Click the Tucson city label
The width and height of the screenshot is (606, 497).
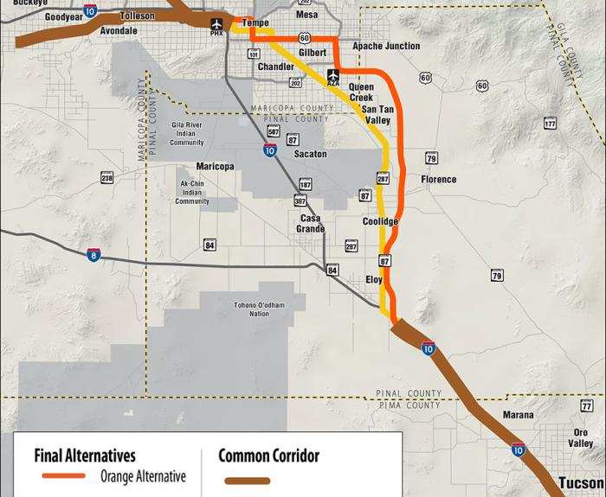pyautogui.click(x=581, y=482)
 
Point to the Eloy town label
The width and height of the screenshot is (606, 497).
pyautogui.click(x=374, y=280)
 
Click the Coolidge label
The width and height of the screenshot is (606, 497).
pyautogui.click(x=380, y=222)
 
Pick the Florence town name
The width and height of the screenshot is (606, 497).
pyautogui.click(x=438, y=180)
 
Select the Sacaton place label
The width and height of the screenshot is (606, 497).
pyautogui.click(x=311, y=154)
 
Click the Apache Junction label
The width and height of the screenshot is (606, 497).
pyautogui.click(x=386, y=46)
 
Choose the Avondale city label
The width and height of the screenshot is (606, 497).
pyautogui.click(x=118, y=31)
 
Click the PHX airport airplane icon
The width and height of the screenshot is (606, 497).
pyautogui.click(x=216, y=23)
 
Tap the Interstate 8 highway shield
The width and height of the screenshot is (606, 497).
pyautogui.click(x=93, y=254)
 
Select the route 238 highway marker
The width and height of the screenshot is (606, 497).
pyautogui.click(x=107, y=178)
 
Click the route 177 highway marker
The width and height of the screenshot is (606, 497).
pyautogui.click(x=550, y=124)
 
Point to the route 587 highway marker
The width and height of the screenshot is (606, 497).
pyautogui.click(x=273, y=131)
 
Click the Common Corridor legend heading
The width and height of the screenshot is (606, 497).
pyautogui.click(x=268, y=456)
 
